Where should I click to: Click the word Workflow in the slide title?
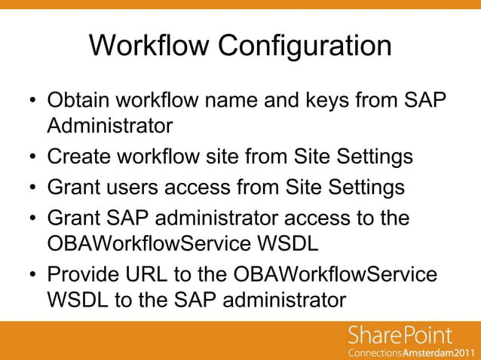coord(151,45)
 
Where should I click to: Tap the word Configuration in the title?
coord(305,47)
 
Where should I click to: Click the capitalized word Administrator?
coord(110,126)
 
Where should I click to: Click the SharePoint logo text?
coord(400,336)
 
